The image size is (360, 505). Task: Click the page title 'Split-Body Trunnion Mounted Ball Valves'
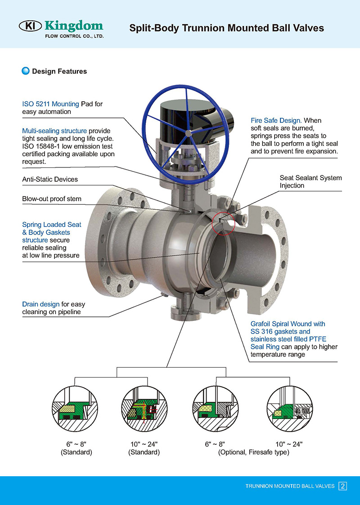(226, 28)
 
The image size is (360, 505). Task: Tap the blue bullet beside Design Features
(26, 71)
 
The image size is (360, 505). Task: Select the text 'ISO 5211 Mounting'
(51, 104)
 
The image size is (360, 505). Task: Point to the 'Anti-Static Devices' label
(50, 179)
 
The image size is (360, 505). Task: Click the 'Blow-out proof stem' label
(52, 198)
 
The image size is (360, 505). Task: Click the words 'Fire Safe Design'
(276, 121)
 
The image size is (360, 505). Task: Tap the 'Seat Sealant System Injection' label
(310, 181)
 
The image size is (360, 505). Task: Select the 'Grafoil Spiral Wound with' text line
(288, 324)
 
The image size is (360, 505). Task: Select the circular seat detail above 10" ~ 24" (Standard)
(144, 408)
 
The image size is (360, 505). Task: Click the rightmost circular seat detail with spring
(288, 408)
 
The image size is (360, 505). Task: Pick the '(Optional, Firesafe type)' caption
(254, 452)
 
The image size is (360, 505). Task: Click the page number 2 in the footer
(343, 486)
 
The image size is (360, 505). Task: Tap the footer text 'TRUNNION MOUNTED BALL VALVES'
(290, 486)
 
